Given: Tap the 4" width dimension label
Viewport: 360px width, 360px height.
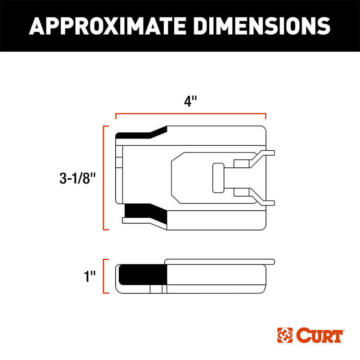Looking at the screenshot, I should pyautogui.click(x=191, y=102).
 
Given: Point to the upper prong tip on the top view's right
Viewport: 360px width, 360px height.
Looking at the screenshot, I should pyautogui.click(x=271, y=153).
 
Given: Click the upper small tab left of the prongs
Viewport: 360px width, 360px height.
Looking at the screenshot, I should pyautogui.click(x=241, y=163).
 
